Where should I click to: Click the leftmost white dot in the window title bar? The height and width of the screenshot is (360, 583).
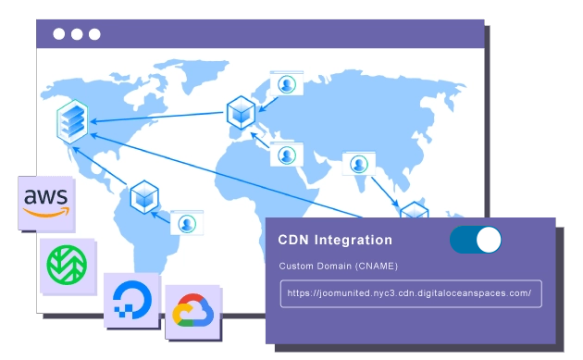click(x=59, y=34)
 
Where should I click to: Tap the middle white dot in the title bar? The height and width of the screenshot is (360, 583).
click(x=77, y=34)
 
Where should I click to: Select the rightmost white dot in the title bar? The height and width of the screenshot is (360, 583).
click(x=94, y=34)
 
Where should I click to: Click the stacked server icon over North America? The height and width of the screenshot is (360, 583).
click(x=71, y=120)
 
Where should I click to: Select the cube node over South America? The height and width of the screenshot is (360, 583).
click(x=144, y=195)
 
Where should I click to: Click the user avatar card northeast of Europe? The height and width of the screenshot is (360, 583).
click(x=287, y=84)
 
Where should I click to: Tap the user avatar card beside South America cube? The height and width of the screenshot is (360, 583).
click(x=187, y=222)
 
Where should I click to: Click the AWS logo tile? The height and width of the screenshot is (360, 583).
click(x=46, y=202)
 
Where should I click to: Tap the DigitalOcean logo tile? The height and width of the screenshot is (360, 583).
click(x=130, y=299)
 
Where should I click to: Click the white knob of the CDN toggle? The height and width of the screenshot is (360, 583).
click(x=488, y=241)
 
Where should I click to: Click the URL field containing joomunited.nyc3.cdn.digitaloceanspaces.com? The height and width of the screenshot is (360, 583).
click(x=411, y=293)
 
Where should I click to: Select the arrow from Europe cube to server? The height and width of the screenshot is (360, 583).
click(x=157, y=118)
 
